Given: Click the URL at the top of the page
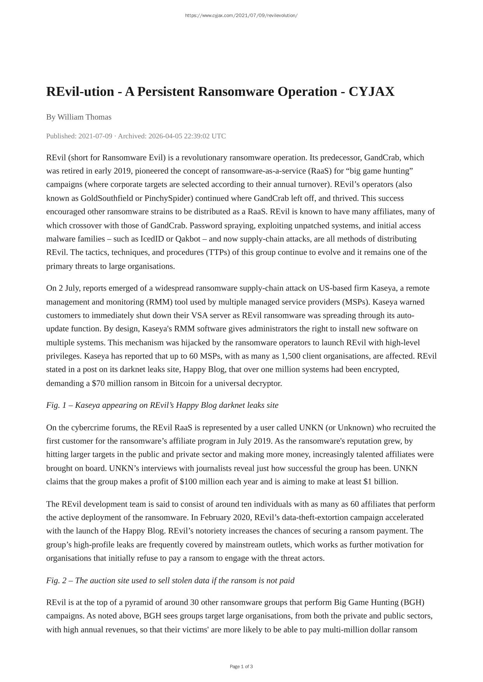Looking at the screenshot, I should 241,16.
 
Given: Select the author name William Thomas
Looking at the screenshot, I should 84,117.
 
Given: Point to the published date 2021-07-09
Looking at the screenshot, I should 95,136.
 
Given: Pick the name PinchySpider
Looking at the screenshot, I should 169,198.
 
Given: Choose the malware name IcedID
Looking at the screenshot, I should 153,239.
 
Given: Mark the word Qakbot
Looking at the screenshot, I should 188,239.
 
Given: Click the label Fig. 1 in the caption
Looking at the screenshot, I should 56,405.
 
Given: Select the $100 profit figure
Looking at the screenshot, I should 188,482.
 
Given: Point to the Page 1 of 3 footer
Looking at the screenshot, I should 241,666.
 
